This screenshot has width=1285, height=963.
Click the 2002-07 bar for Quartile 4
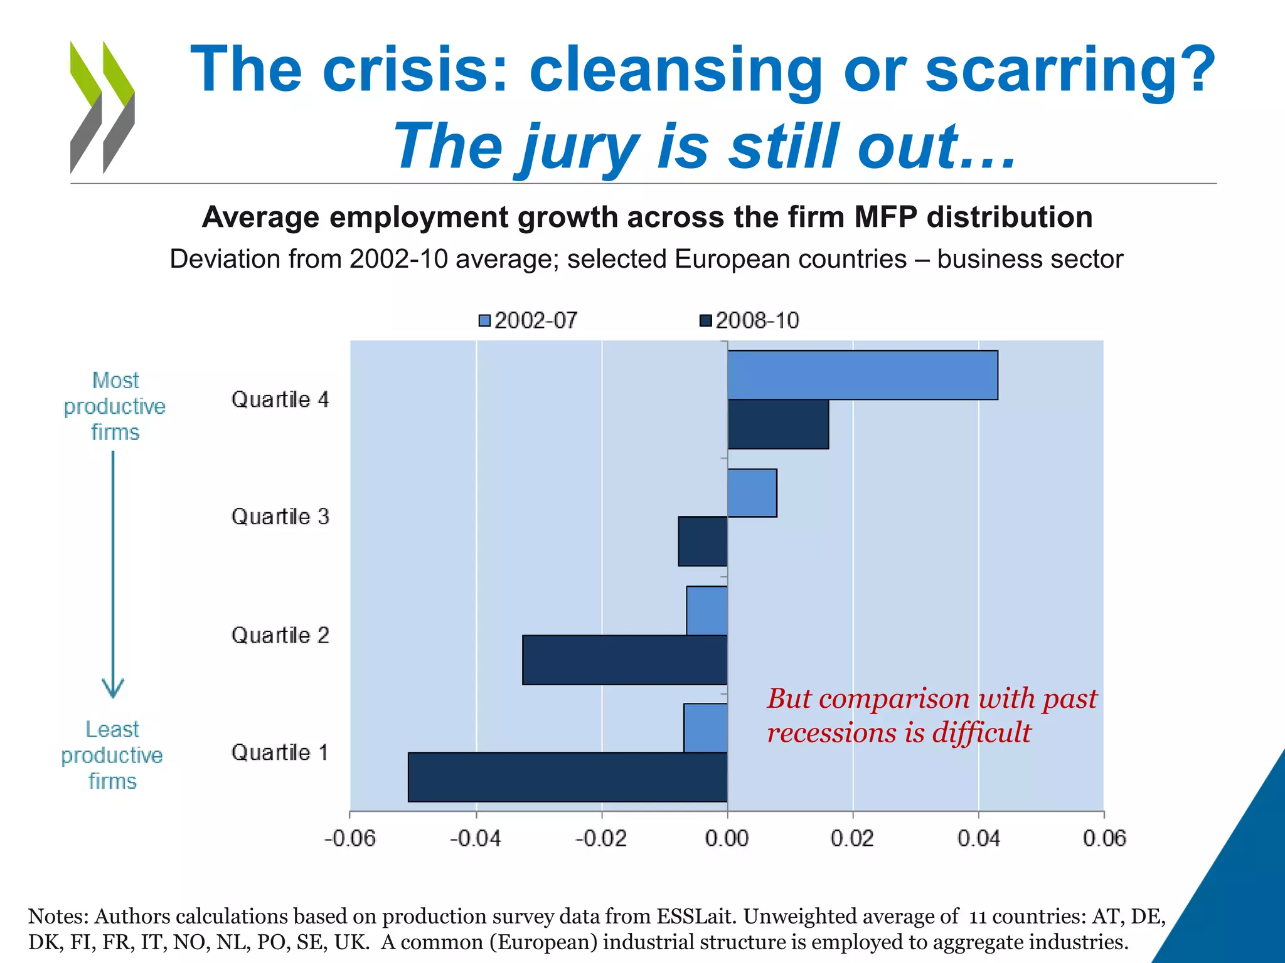tap(863, 375)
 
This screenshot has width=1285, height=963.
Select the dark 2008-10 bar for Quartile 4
tap(778, 424)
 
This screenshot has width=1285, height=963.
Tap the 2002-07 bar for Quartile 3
tap(752, 493)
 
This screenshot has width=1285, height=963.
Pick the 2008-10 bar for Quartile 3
tap(703, 542)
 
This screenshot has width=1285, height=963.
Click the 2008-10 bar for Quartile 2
tap(625, 660)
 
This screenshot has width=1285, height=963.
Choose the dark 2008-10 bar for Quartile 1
tap(568, 777)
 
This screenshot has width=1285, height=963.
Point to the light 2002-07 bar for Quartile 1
tap(706, 728)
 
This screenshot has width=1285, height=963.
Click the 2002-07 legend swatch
tap(484, 321)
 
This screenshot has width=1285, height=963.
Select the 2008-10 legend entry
tap(750, 321)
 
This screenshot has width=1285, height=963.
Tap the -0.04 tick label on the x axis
tap(475, 838)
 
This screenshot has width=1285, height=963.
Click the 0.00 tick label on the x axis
tap(727, 838)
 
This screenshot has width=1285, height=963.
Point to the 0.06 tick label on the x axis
tap(1104, 838)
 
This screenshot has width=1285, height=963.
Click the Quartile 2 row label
tap(280, 635)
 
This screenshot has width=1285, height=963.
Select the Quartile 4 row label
tap(280, 399)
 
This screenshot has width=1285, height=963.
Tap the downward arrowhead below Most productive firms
tap(113, 690)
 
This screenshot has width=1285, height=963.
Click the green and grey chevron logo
tap(102, 107)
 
